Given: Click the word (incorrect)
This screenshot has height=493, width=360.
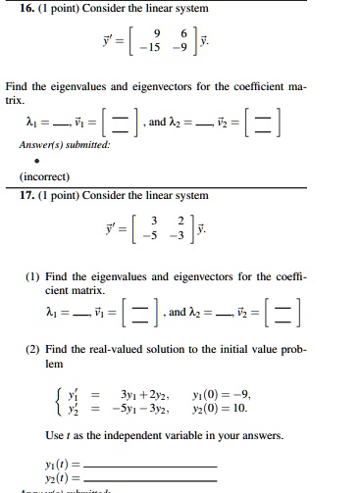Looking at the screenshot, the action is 34,176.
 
